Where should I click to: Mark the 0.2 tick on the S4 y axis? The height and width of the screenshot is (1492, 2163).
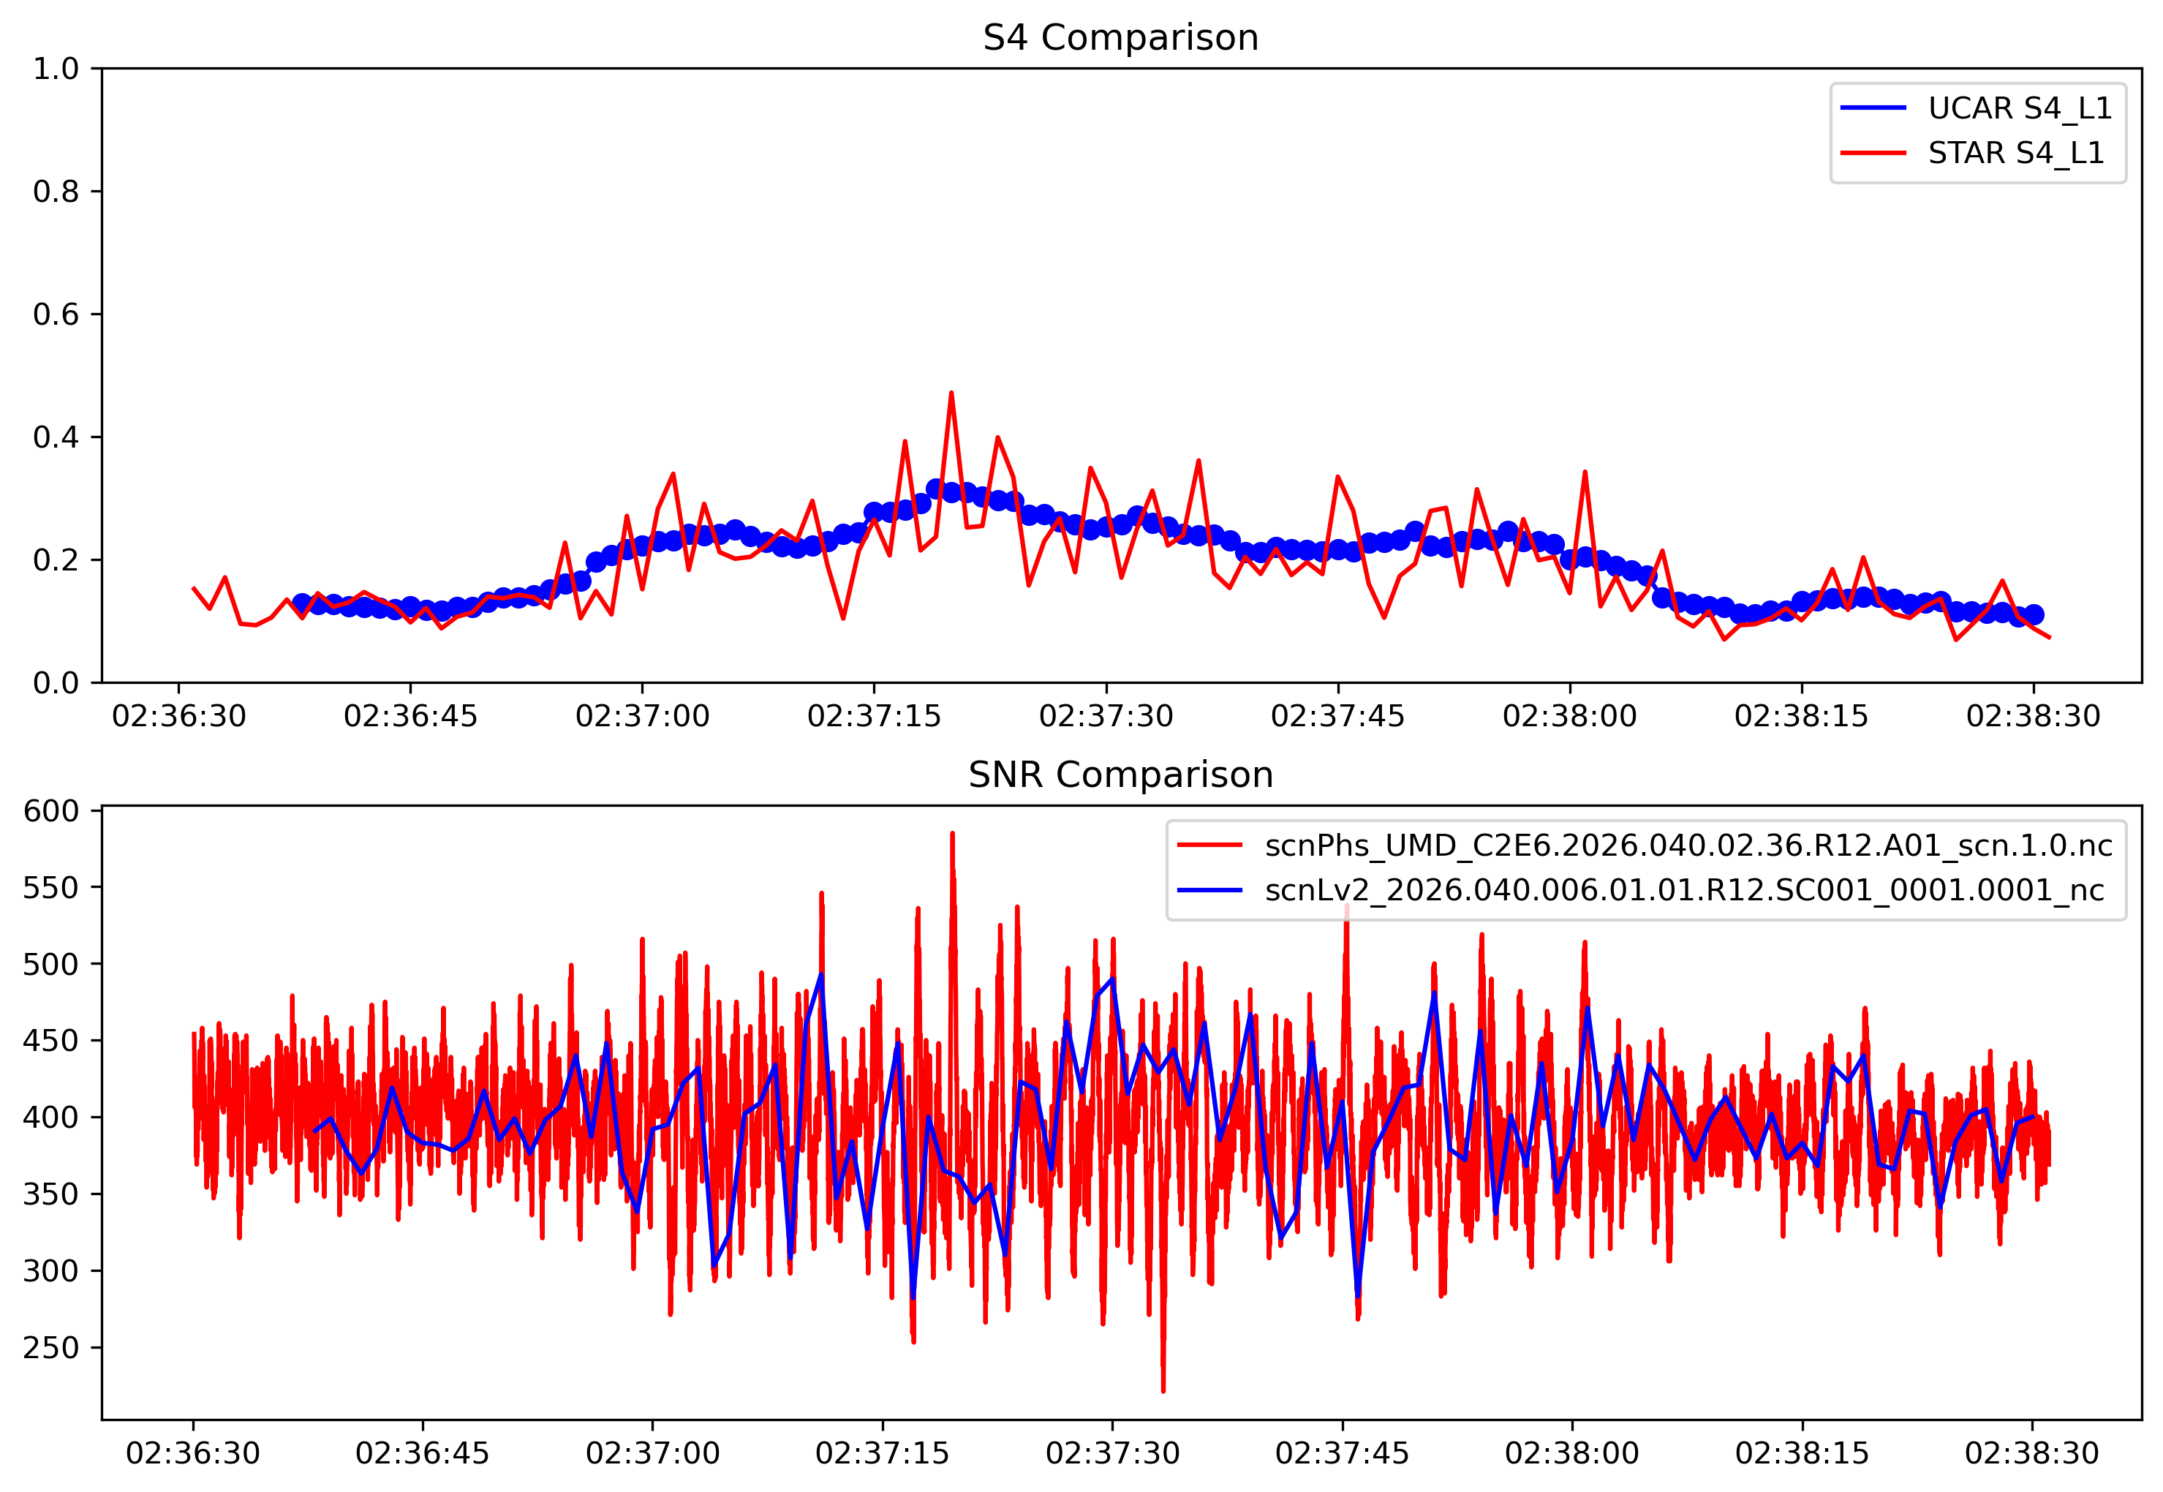(x=56, y=560)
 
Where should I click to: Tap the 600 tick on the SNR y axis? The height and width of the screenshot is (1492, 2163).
(x=50, y=811)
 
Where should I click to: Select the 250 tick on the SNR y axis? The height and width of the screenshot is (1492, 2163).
(x=50, y=1348)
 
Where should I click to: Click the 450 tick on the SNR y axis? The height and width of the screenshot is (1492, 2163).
(x=50, y=1041)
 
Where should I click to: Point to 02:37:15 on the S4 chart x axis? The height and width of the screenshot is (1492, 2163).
(x=874, y=717)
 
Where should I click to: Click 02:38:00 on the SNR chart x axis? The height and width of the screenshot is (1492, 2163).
(x=1571, y=1455)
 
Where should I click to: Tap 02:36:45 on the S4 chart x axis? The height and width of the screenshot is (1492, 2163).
(x=410, y=717)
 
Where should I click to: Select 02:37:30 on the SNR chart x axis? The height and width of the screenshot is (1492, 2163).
(x=1112, y=1455)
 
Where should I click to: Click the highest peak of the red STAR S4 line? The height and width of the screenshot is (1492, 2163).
(x=951, y=393)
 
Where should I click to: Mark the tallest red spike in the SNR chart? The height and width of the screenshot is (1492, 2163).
(x=953, y=833)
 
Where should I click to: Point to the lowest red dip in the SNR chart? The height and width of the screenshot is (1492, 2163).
(x=1163, y=1390)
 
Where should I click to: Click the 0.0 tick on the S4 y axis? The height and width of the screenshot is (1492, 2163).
(x=56, y=683)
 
